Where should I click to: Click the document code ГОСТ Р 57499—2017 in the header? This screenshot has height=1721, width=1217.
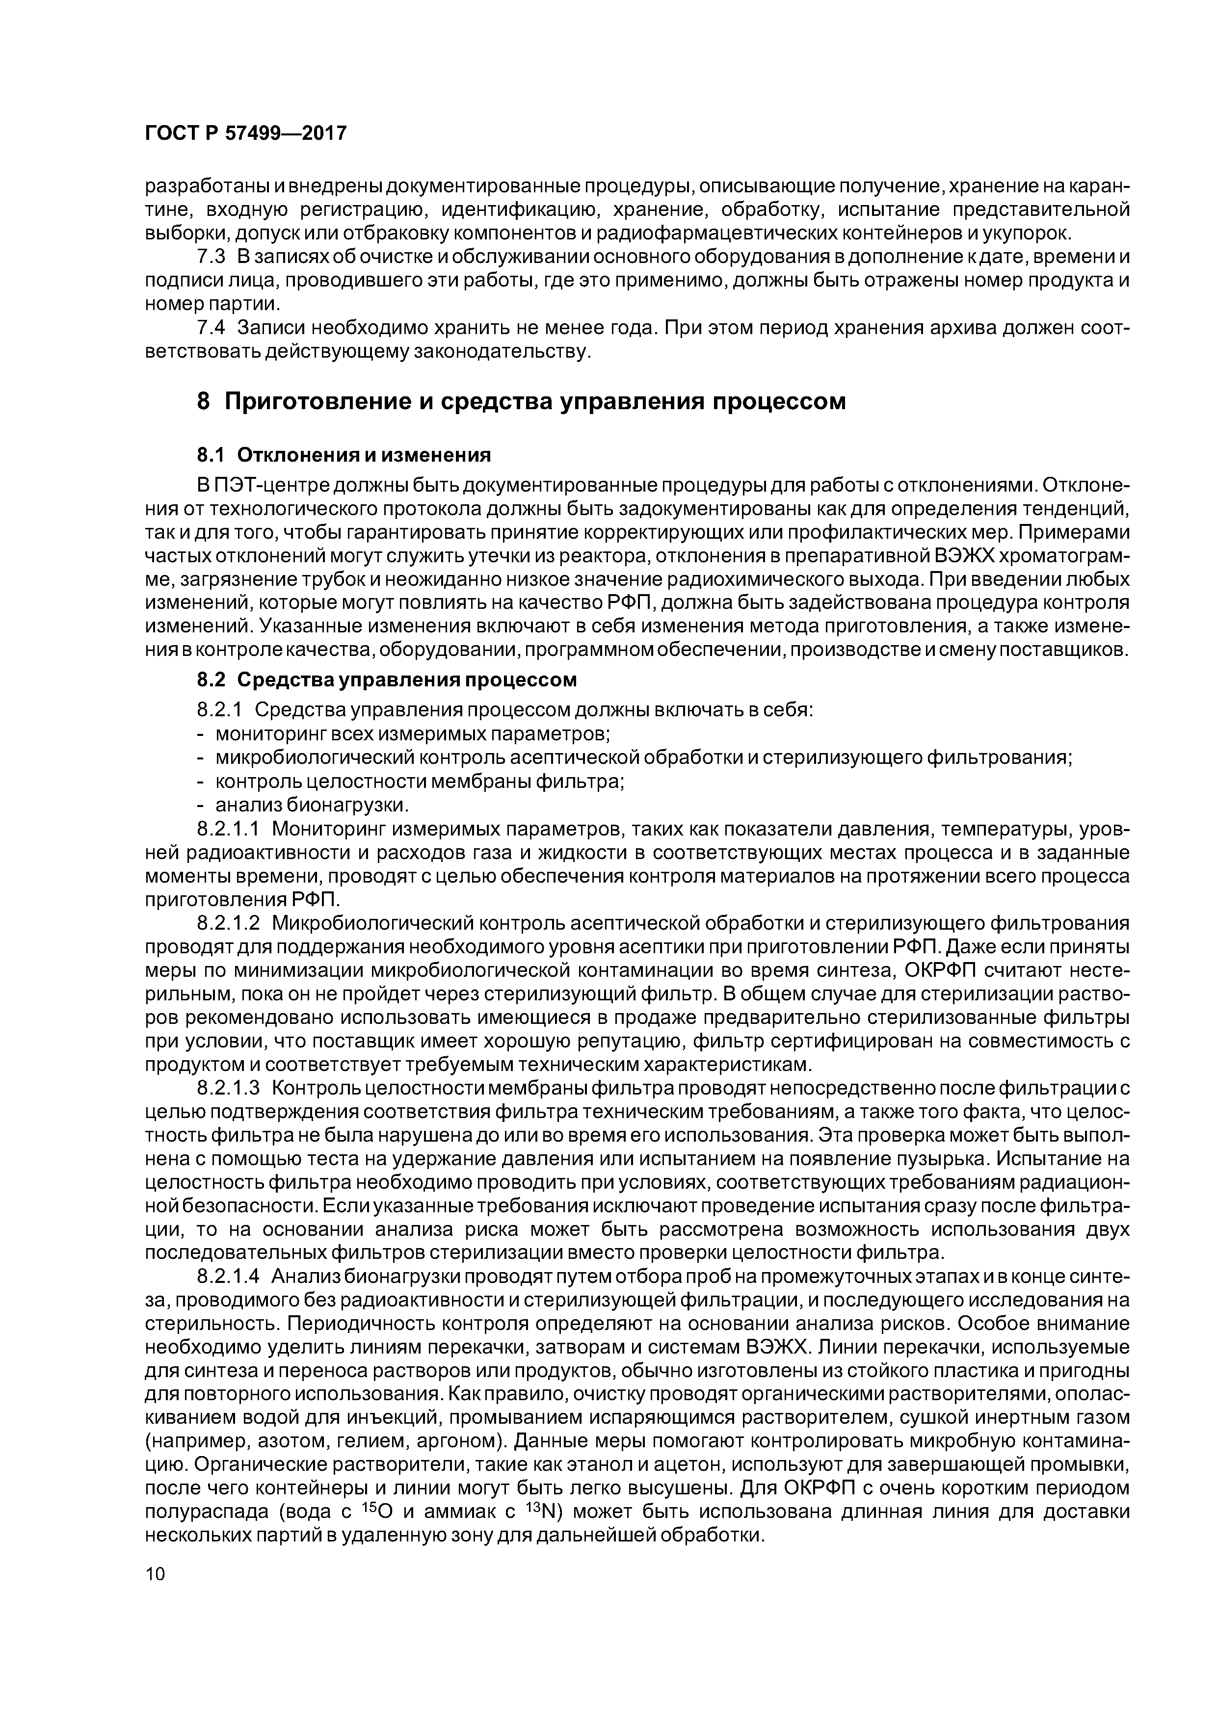(x=245, y=133)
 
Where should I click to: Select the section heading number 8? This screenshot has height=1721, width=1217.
(x=203, y=402)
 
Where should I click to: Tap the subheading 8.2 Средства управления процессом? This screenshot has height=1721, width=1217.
(x=386, y=680)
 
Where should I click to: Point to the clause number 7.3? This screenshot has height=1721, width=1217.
(x=211, y=257)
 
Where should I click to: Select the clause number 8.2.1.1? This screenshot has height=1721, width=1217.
(x=227, y=829)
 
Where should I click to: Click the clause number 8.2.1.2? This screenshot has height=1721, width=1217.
(x=227, y=923)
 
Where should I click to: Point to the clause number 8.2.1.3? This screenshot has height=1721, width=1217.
(x=227, y=1088)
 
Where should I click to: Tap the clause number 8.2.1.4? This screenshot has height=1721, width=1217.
(x=227, y=1276)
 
